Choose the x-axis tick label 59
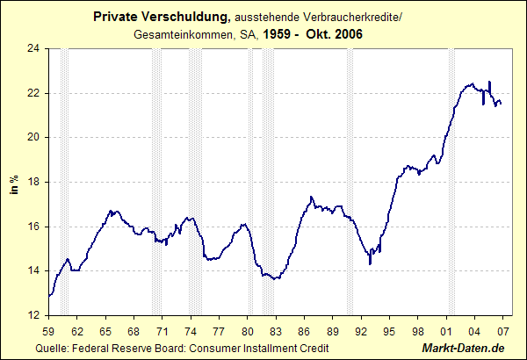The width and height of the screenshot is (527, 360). (x=49, y=330)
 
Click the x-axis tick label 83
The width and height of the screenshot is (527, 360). (x=276, y=330)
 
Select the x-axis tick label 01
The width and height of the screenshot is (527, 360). (x=446, y=330)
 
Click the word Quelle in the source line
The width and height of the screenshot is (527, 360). (x=54, y=349)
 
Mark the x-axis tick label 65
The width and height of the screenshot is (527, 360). (x=105, y=330)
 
